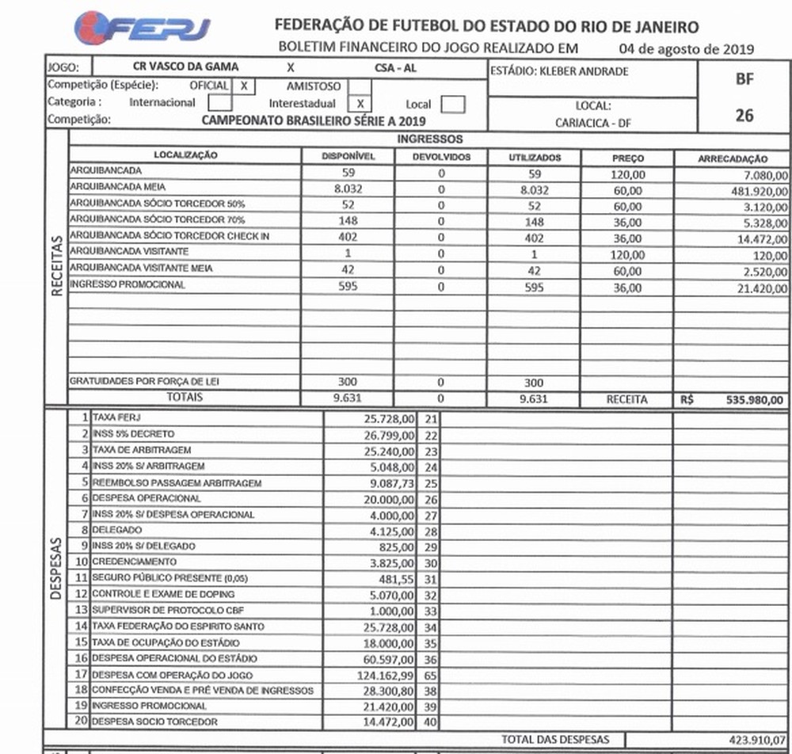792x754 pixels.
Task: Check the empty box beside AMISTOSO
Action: coord(360,86)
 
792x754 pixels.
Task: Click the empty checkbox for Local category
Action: coord(452,104)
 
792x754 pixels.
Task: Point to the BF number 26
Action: coord(744,116)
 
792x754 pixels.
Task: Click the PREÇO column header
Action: coord(627,158)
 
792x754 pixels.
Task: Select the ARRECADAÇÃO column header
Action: coord(732,158)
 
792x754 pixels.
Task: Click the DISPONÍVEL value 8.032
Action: coord(348,190)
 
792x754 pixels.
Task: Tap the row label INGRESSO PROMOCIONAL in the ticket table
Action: coord(128,284)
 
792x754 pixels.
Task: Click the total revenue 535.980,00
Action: coord(753,401)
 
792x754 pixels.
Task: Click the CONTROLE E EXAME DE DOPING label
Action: coord(162,593)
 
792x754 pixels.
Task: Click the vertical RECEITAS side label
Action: coord(57,270)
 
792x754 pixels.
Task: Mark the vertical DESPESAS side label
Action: coord(57,570)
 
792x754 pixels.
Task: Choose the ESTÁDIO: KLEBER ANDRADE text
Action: coord(559,71)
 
